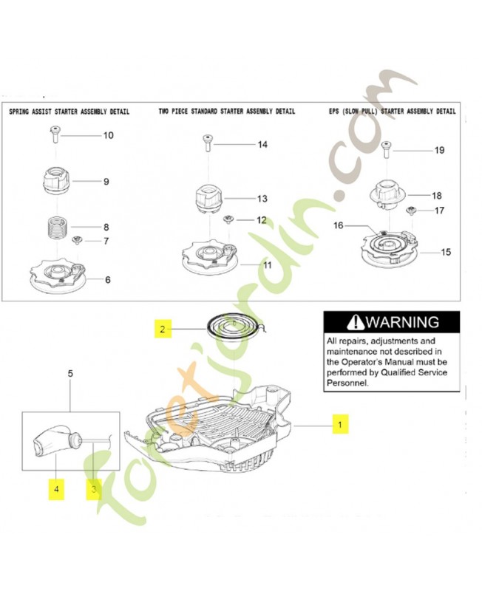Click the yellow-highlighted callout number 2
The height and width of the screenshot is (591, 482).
163,329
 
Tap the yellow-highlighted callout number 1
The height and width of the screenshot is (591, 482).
340,424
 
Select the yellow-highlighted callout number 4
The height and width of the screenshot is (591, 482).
56,489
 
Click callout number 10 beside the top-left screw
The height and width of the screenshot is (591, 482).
108,135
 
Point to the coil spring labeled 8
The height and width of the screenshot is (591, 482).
57,227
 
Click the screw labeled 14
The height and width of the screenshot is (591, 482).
208,143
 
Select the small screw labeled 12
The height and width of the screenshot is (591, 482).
228,219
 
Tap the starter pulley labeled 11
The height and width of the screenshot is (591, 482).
210,257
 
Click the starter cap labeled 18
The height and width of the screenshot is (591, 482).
388,194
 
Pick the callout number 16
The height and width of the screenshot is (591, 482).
339,225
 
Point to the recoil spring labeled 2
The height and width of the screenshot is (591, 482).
235,325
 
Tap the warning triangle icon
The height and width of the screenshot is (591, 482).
356,322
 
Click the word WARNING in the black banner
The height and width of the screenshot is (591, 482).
402,322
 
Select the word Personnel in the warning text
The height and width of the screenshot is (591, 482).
347,383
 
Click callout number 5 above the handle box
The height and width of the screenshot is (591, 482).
70,374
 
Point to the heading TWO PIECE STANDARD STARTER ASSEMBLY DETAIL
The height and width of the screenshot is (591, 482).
227,112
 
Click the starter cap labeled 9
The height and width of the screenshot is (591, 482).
56,180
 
